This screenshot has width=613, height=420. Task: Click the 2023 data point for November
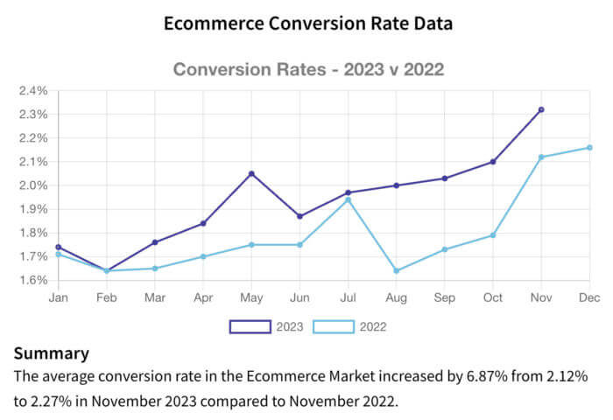click(x=541, y=109)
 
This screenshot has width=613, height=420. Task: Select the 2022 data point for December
click(x=589, y=147)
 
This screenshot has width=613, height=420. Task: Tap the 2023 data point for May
click(x=251, y=173)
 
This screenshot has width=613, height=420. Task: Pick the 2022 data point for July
click(x=348, y=199)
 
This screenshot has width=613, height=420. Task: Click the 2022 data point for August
click(x=397, y=270)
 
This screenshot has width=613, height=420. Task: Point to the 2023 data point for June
click(x=299, y=216)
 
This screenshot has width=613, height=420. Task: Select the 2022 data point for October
click(x=493, y=235)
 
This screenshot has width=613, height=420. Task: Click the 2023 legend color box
click(x=250, y=327)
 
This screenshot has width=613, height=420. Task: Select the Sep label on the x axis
click(x=445, y=298)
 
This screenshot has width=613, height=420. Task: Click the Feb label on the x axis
click(x=107, y=298)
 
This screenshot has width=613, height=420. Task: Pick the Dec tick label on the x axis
click(x=588, y=298)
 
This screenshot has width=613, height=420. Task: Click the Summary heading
click(x=51, y=353)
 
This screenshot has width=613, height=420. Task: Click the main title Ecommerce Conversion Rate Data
click(x=307, y=24)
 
